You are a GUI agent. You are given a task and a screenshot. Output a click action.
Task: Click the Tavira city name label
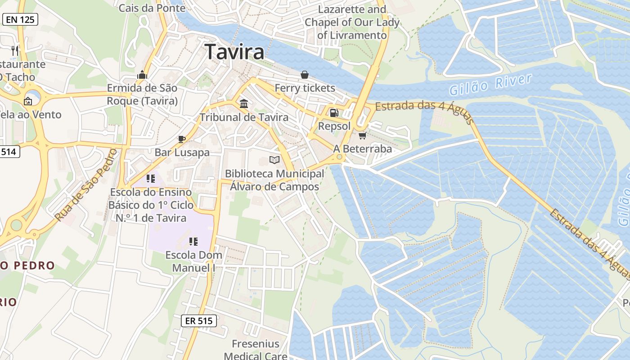[234, 52]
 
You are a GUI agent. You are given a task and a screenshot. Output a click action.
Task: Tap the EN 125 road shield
[20, 19]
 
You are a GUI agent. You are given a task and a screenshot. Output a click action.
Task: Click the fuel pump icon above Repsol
[334, 113]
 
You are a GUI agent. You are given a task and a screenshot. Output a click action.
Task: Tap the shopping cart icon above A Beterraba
[362, 135]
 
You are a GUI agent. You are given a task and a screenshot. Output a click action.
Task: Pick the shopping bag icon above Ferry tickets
[305, 74]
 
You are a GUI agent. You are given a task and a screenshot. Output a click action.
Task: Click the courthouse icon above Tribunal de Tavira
[244, 104]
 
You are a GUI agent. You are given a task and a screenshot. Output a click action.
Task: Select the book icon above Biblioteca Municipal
[274, 160]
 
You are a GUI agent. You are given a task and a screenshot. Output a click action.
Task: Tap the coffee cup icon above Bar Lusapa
[182, 139]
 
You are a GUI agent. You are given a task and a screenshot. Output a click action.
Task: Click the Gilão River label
[491, 84]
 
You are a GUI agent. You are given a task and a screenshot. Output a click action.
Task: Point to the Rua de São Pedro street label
[85, 185]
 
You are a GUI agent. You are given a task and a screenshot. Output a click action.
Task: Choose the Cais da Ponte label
[152, 8]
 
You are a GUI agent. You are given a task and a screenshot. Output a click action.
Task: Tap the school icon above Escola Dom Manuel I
[193, 242]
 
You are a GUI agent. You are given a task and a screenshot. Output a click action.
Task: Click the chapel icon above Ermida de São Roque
[142, 74]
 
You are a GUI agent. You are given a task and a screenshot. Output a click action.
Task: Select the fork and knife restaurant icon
[15, 50]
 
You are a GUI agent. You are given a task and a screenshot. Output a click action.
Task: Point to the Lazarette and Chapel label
[352, 22]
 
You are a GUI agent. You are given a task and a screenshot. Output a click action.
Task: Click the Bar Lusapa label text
[182, 152]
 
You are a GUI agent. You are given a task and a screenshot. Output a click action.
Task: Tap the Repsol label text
[334, 126]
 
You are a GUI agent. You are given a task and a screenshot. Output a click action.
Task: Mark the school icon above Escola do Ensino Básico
[151, 179]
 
